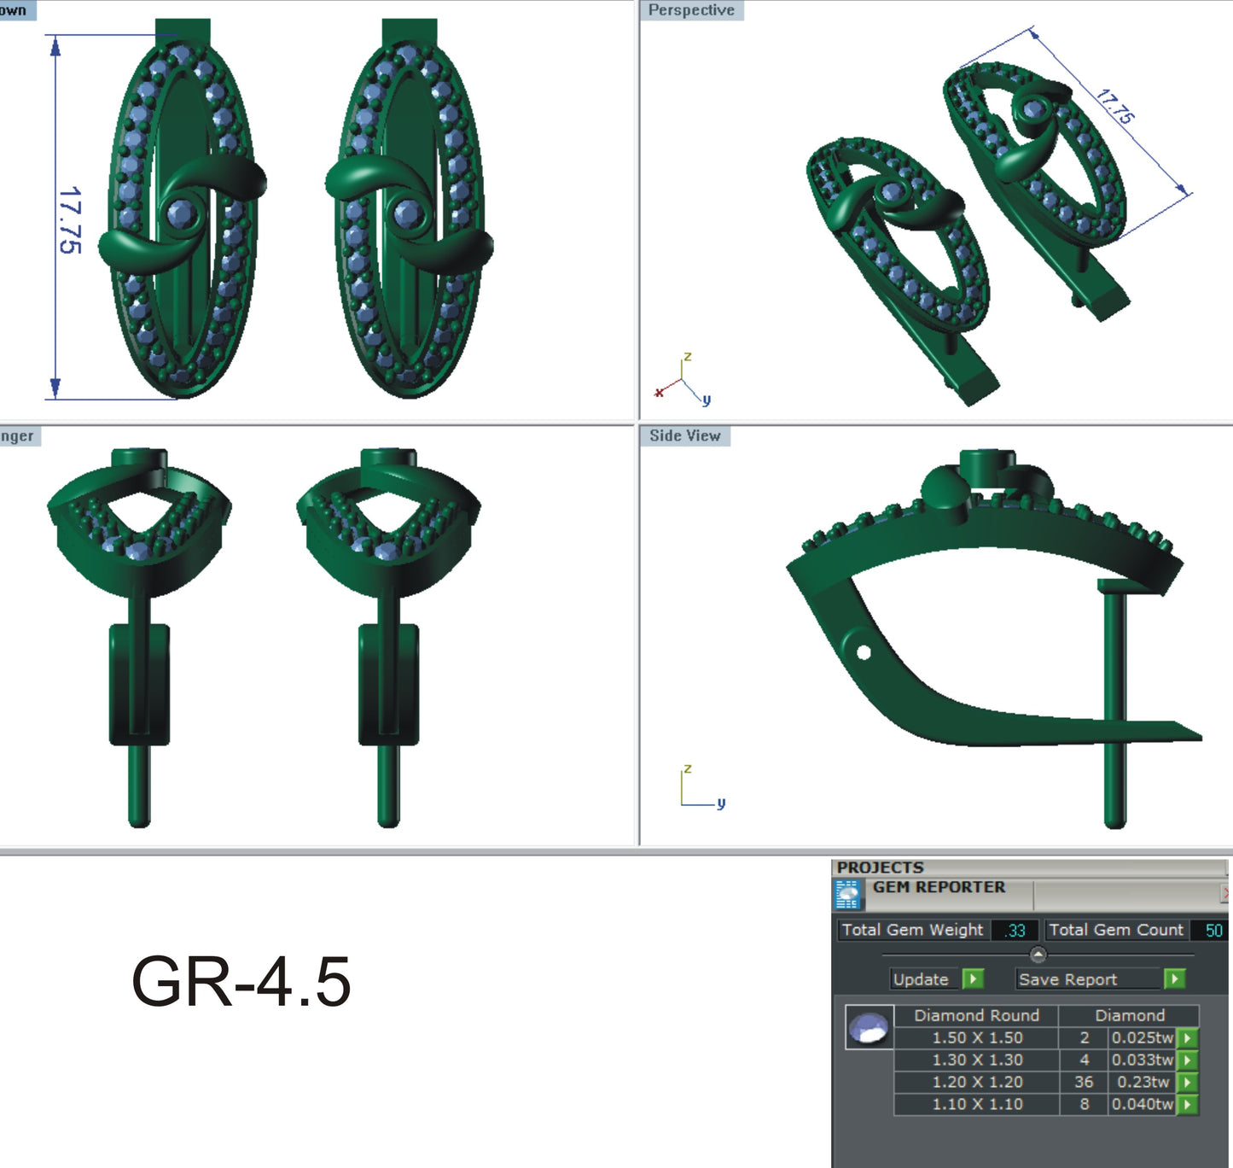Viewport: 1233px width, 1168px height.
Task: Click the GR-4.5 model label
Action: click(x=241, y=982)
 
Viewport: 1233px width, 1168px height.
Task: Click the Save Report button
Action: click(x=1067, y=979)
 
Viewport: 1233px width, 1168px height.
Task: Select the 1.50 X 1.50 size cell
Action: click(x=977, y=1038)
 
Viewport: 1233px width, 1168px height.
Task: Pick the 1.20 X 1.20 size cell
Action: click(x=977, y=1082)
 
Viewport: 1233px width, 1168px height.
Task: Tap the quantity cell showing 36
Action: click(x=1084, y=1082)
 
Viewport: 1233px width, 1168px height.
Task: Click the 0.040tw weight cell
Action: click(x=1142, y=1104)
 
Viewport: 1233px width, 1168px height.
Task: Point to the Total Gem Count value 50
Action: click(x=1213, y=931)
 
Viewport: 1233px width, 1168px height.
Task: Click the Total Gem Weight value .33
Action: click(x=1015, y=931)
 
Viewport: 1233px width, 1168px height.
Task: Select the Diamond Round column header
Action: click(x=976, y=1015)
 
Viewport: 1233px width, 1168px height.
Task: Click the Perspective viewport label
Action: click(x=691, y=10)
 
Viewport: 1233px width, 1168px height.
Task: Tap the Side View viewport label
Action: click(x=685, y=435)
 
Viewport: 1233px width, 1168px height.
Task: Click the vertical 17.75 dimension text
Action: click(x=70, y=219)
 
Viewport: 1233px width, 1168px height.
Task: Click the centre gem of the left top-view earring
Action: click(x=180, y=213)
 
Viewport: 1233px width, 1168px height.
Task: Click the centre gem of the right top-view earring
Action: click(x=407, y=213)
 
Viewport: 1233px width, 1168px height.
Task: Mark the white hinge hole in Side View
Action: click(x=864, y=653)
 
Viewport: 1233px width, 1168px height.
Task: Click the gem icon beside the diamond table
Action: click(x=869, y=1027)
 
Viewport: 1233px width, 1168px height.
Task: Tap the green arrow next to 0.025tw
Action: click(x=1187, y=1038)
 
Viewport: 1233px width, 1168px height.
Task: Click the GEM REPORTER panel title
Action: click(x=939, y=887)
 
